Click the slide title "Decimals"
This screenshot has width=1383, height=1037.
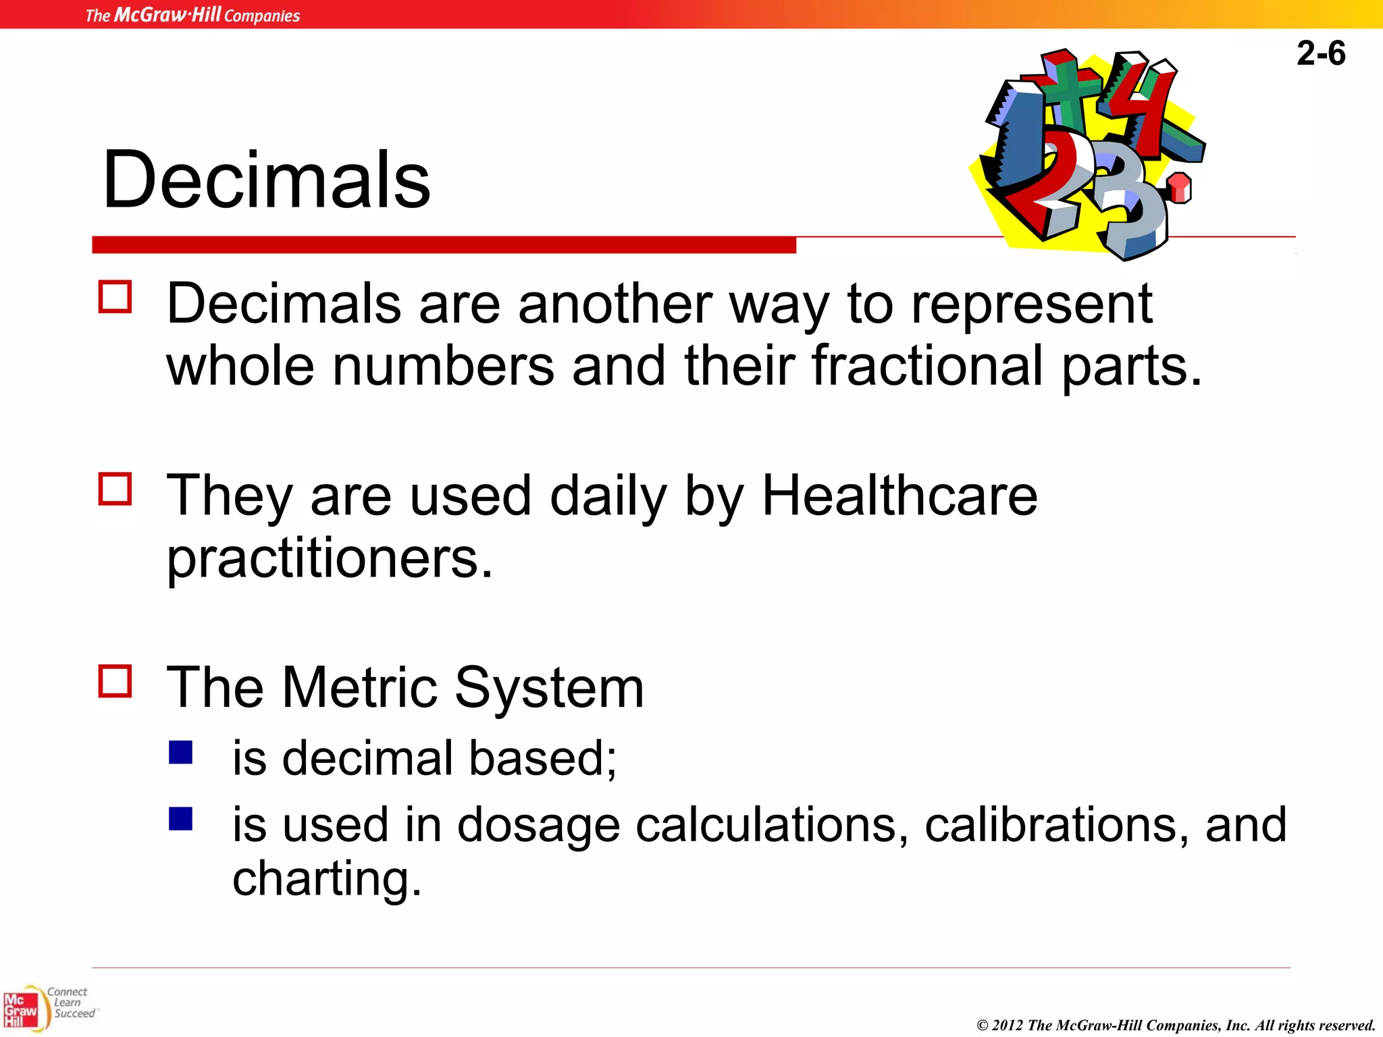[x=266, y=180]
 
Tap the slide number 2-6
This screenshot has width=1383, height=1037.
[x=1320, y=53]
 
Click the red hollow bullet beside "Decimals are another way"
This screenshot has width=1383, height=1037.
[x=115, y=297]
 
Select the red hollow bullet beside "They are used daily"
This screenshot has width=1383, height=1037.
[x=115, y=489]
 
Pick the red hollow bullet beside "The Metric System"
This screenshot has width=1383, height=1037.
[x=115, y=681]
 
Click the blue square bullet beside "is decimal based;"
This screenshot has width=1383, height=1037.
[x=181, y=752]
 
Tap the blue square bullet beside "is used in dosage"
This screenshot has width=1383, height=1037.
[x=181, y=819]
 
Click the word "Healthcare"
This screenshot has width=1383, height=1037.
[x=899, y=496]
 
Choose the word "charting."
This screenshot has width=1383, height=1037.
[x=327, y=878]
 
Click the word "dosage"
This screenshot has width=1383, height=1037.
[x=538, y=826]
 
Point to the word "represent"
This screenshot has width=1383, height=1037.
[x=1032, y=304]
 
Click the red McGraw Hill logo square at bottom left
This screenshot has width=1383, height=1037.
[x=20, y=1010]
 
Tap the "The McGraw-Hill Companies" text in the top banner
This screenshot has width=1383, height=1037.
[x=192, y=15]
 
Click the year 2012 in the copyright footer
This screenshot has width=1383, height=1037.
[x=1008, y=1026]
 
